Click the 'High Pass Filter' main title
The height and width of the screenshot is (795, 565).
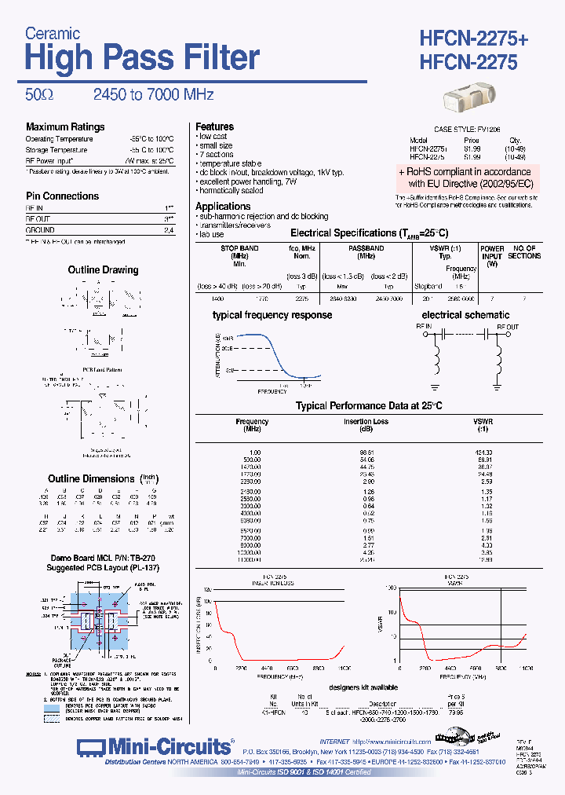coord(142,58)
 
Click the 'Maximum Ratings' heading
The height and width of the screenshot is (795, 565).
coord(65,126)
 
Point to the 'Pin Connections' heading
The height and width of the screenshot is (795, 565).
coord(63,196)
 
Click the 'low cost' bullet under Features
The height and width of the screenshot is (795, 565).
coord(213,137)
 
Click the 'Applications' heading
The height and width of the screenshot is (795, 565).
coord(223,207)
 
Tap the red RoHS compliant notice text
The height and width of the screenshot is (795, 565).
coord(465,178)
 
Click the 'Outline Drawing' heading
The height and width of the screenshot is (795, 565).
coord(103,269)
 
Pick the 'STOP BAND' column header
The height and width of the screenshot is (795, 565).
coord(239,248)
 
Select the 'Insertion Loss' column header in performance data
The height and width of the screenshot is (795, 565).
coord(366,422)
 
